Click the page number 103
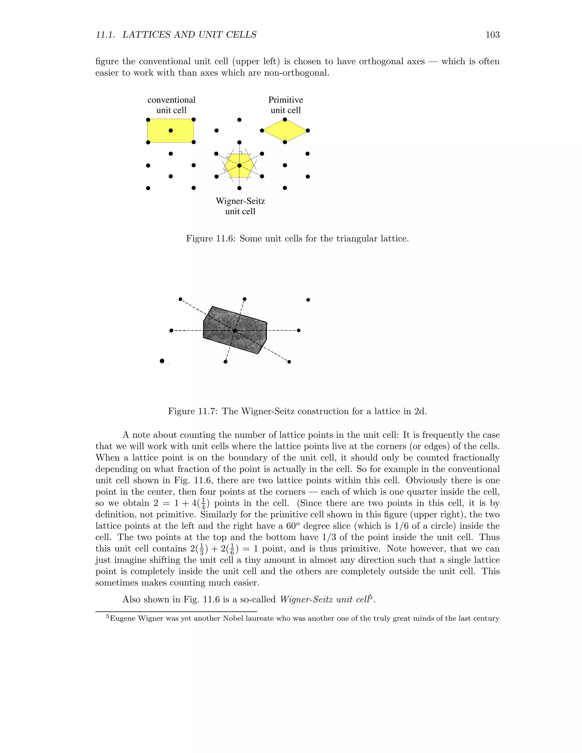(x=492, y=35)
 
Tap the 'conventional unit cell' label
(x=171, y=105)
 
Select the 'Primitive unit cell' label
(x=286, y=105)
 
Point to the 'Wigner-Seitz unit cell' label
(x=240, y=206)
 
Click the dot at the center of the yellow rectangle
(x=171, y=131)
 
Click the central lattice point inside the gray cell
(x=235, y=331)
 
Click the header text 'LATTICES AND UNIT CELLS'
(x=190, y=35)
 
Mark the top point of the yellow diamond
(x=285, y=120)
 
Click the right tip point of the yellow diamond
(x=307, y=131)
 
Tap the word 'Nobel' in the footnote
(x=233, y=619)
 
